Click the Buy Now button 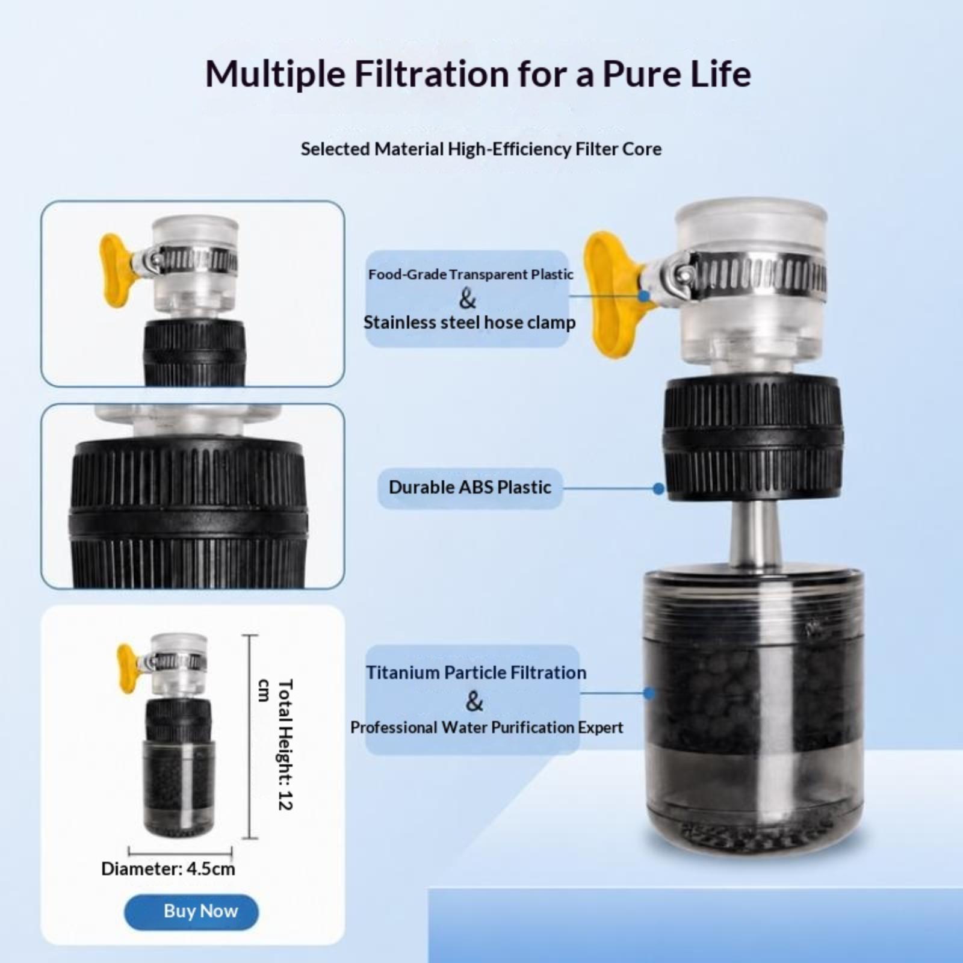pyautogui.click(x=191, y=912)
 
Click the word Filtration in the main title pyautogui.click(x=432, y=73)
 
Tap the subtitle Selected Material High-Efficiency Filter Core pyautogui.click(x=481, y=149)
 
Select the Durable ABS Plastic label pyautogui.click(x=470, y=488)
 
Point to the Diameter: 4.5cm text pyautogui.click(x=168, y=869)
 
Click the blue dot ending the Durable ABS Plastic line pyautogui.click(x=658, y=489)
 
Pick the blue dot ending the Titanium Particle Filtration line pyautogui.click(x=649, y=693)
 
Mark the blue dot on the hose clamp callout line pyautogui.click(x=644, y=296)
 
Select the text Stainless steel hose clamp pyautogui.click(x=469, y=322)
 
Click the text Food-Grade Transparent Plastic pyautogui.click(x=471, y=274)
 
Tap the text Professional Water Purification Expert pyautogui.click(x=486, y=727)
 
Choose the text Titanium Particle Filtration pyautogui.click(x=476, y=672)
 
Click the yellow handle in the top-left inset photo pyautogui.click(x=116, y=270)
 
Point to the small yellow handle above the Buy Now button pyautogui.click(x=128, y=667)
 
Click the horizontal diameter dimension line pyautogui.click(x=180, y=852)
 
